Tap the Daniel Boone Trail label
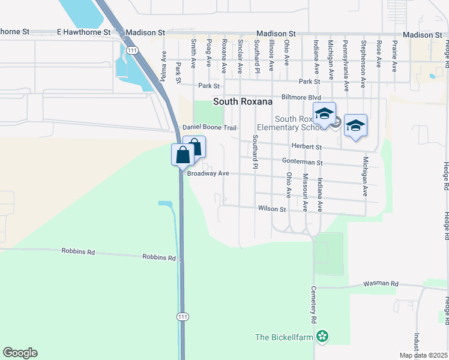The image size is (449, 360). [x=209, y=128]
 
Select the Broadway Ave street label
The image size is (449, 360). [x=208, y=173]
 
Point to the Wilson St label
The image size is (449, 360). [x=272, y=209]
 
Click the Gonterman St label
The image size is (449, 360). [x=303, y=162]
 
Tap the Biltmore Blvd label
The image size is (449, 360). [x=301, y=97]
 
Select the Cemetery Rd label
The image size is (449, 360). [x=313, y=307]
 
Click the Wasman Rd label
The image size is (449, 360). [x=381, y=284]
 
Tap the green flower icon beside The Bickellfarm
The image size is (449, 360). [x=323, y=337]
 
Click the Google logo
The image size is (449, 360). [x=20, y=353]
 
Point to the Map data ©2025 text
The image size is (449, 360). [x=423, y=355]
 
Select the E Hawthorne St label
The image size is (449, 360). [x=84, y=32]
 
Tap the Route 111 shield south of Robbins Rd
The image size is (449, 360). [x=182, y=316]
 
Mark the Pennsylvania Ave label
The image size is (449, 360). [x=345, y=57]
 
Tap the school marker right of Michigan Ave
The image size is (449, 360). [x=356, y=125]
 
